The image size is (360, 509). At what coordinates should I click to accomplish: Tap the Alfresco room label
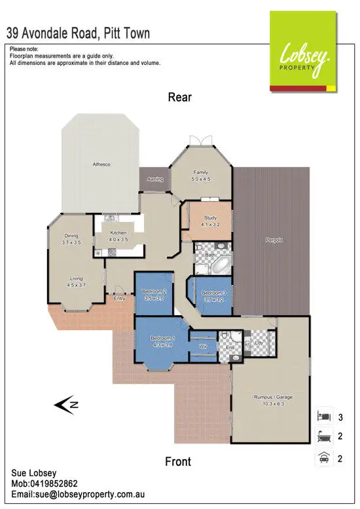100,164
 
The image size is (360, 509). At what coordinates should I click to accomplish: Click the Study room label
209,221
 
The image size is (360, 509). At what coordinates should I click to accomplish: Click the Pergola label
274,240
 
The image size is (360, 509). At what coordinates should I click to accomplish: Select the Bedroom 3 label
213,295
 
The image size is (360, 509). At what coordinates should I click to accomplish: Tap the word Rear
179,98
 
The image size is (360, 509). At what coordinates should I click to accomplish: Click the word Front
178,461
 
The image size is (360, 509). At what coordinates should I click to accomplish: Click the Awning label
155,179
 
